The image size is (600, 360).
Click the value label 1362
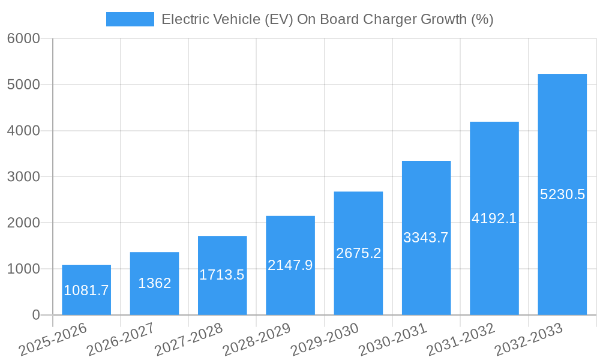(155, 283)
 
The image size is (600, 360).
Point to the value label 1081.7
(86, 290)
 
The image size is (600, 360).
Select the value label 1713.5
(222, 275)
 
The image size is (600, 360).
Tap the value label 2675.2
(358, 253)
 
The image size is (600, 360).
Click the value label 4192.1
(494, 218)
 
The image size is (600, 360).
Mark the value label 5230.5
(562, 194)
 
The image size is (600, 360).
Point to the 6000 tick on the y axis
(23, 39)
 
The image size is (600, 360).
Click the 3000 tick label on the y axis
(23, 177)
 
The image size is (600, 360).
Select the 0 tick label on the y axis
(35, 315)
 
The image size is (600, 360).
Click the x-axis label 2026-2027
(121, 339)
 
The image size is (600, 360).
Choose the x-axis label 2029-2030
(325, 339)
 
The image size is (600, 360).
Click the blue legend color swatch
(130, 19)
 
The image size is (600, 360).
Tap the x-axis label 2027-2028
(188, 339)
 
